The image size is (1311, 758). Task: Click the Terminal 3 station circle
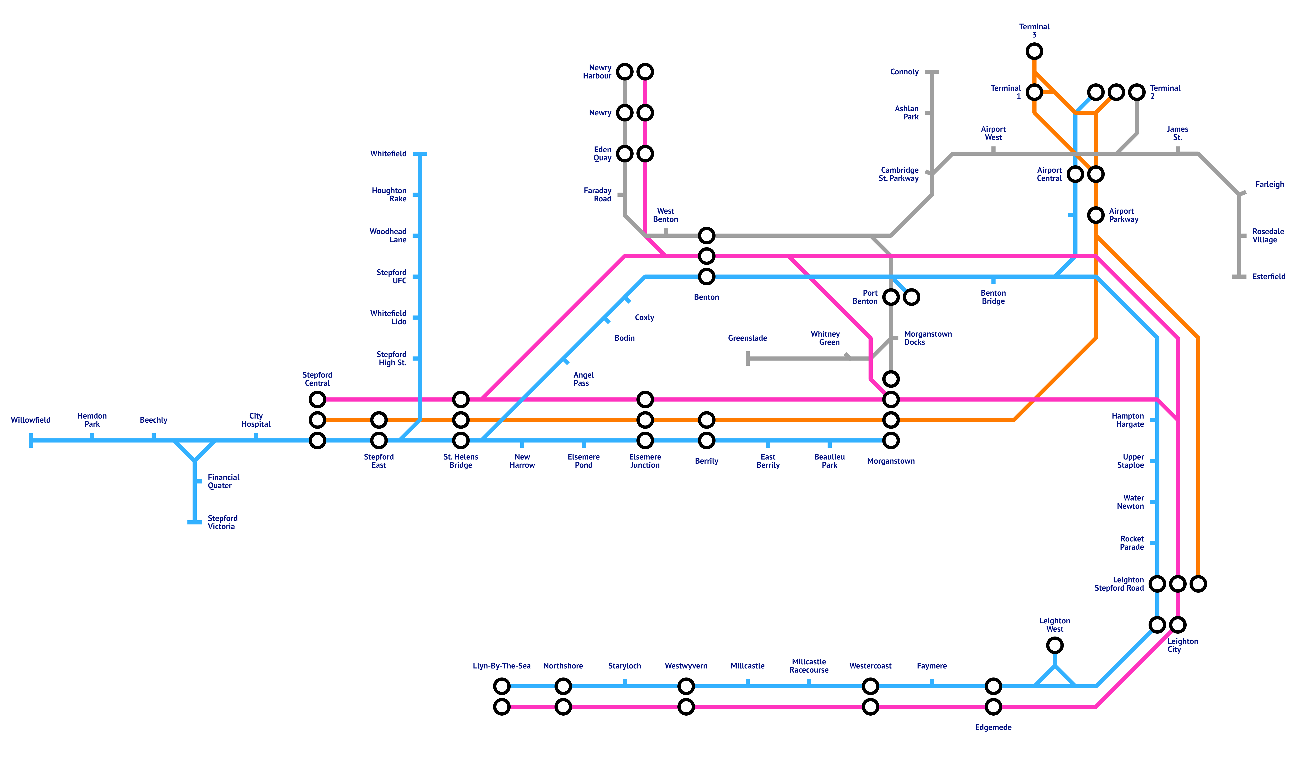click(1034, 51)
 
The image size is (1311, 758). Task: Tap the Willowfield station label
click(31, 420)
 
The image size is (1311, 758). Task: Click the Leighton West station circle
click(1055, 645)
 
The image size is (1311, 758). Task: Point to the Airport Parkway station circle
click(1096, 215)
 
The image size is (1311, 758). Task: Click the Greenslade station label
click(748, 338)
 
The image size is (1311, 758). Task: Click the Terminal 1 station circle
click(1034, 92)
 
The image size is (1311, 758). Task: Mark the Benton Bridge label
click(993, 297)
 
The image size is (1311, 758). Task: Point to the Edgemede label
click(993, 727)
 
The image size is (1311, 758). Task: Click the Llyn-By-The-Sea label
click(501, 666)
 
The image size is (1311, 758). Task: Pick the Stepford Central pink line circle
click(317, 399)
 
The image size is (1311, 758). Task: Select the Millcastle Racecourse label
click(809, 666)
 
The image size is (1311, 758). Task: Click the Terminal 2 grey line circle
click(1137, 92)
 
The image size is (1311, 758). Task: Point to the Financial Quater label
click(224, 481)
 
